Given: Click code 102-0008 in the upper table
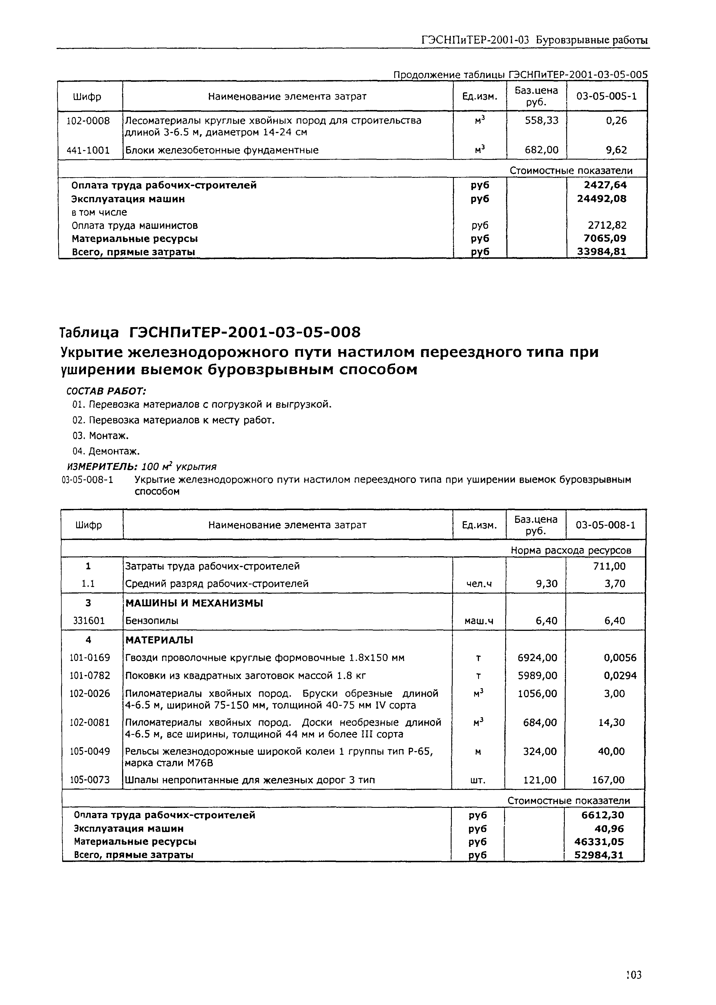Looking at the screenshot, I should point(88,121).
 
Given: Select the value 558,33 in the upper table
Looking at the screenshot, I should point(541,121).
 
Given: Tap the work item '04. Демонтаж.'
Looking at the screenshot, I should point(106,451).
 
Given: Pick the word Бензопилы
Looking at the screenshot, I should point(152,621).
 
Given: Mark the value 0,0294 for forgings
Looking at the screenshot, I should point(620,676).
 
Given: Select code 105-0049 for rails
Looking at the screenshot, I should point(90,751).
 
